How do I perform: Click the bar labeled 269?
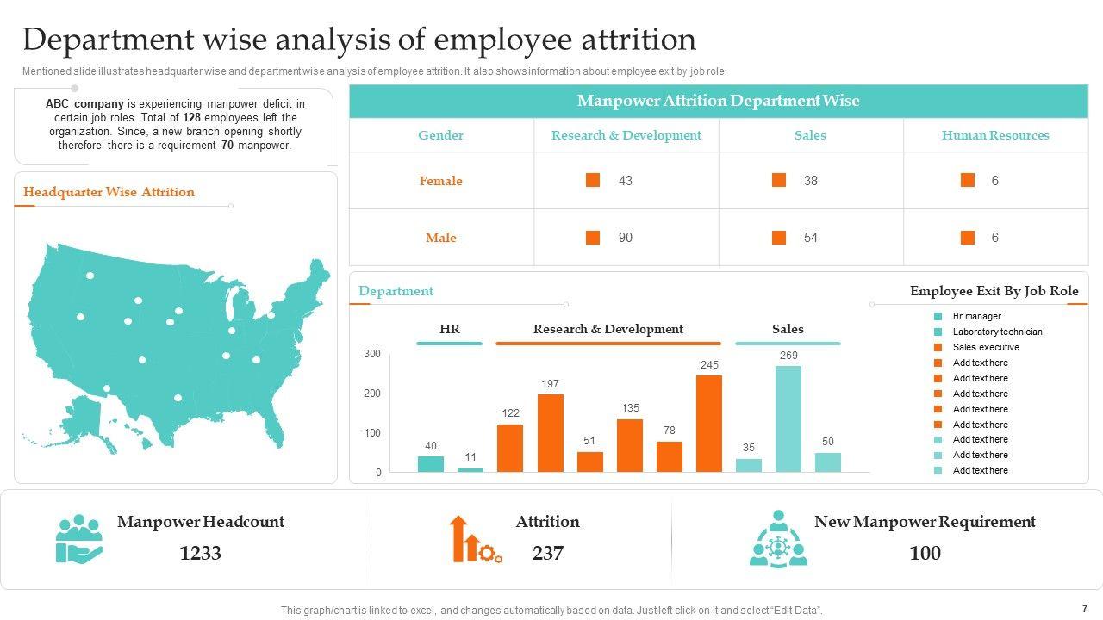tap(788, 419)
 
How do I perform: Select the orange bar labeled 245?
tap(708, 424)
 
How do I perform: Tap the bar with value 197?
tap(550, 433)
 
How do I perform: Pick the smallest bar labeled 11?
tap(470, 470)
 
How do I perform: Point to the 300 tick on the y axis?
tap(372, 354)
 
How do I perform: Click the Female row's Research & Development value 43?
tap(626, 181)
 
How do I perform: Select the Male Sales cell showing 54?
tap(810, 238)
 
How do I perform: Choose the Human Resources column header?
tap(995, 135)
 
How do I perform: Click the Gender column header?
tap(440, 135)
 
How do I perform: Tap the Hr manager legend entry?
tap(976, 316)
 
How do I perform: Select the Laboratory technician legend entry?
tap(997, 332)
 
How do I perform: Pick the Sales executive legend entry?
tap(986, 347)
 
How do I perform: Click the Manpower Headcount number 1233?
tap(200, 553)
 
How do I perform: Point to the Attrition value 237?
tap(548, 553)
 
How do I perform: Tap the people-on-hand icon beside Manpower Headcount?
tap(78, 539)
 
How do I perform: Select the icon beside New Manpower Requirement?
tap(778, 539)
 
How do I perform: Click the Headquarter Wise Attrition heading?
tap(109, 192)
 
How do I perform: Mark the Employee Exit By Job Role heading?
tap(994, 291)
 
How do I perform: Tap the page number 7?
tap(1084, 608)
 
